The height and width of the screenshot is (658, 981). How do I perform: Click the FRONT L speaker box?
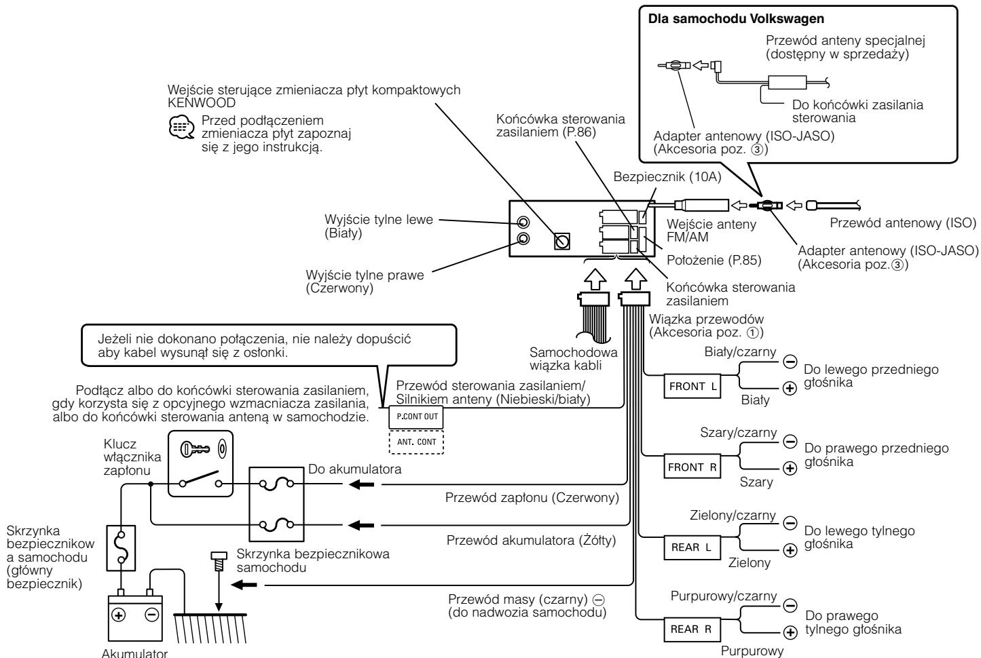[692, 386]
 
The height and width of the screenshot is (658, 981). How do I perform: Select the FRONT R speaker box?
[692, 467]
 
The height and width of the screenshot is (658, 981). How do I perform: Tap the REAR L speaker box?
[692, 547]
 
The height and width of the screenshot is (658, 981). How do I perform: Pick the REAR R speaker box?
[692, 629]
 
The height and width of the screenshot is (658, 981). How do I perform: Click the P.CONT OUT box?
[416, 417]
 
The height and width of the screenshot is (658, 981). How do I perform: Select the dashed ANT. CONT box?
[416, 442]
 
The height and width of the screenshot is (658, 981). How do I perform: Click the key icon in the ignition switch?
[195, 449]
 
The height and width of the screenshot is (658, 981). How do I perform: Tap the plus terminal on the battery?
[119, 615]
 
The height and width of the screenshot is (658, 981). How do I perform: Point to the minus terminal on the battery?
[151, 615]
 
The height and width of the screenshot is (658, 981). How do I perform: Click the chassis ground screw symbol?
[219, 562]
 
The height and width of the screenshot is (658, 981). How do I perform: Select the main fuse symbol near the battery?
[121, 548]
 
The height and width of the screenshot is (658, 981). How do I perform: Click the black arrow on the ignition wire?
[361, 484]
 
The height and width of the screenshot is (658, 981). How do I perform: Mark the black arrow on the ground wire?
[244, 585]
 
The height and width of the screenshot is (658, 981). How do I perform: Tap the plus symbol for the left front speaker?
[790, 388]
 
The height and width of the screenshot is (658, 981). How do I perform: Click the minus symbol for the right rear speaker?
[790, 605]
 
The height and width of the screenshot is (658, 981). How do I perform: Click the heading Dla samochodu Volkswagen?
[736, 19]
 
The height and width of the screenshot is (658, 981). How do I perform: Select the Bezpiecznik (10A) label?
[667, 177]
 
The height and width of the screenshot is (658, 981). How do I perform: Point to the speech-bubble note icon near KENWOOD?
[181, 128]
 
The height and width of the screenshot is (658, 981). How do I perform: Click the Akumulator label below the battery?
[134, 653]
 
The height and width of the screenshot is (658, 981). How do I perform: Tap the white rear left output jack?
[523, 222]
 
